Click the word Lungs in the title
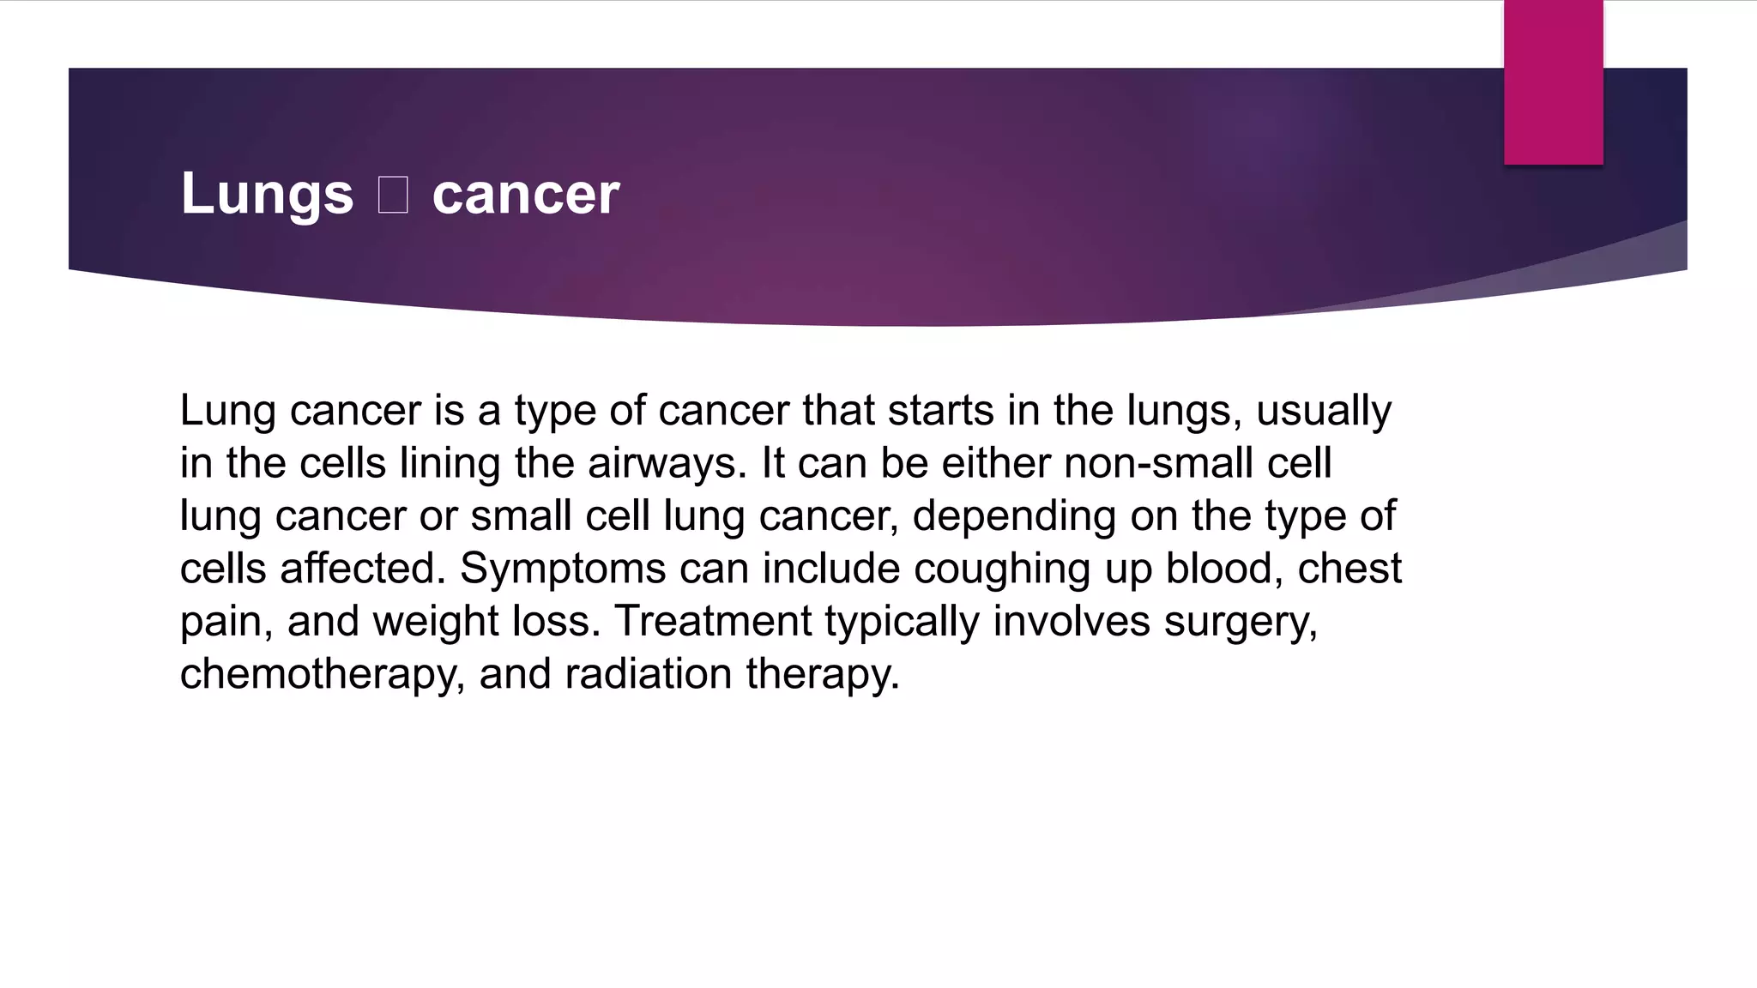tap(267, 195)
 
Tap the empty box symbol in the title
tap(393, 195)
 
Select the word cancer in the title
tap(525, 195)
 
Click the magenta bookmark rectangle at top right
tap(1553, 82)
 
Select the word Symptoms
tap(563, 569)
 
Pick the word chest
tap(1349, 569)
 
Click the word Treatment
tap(712, 621)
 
